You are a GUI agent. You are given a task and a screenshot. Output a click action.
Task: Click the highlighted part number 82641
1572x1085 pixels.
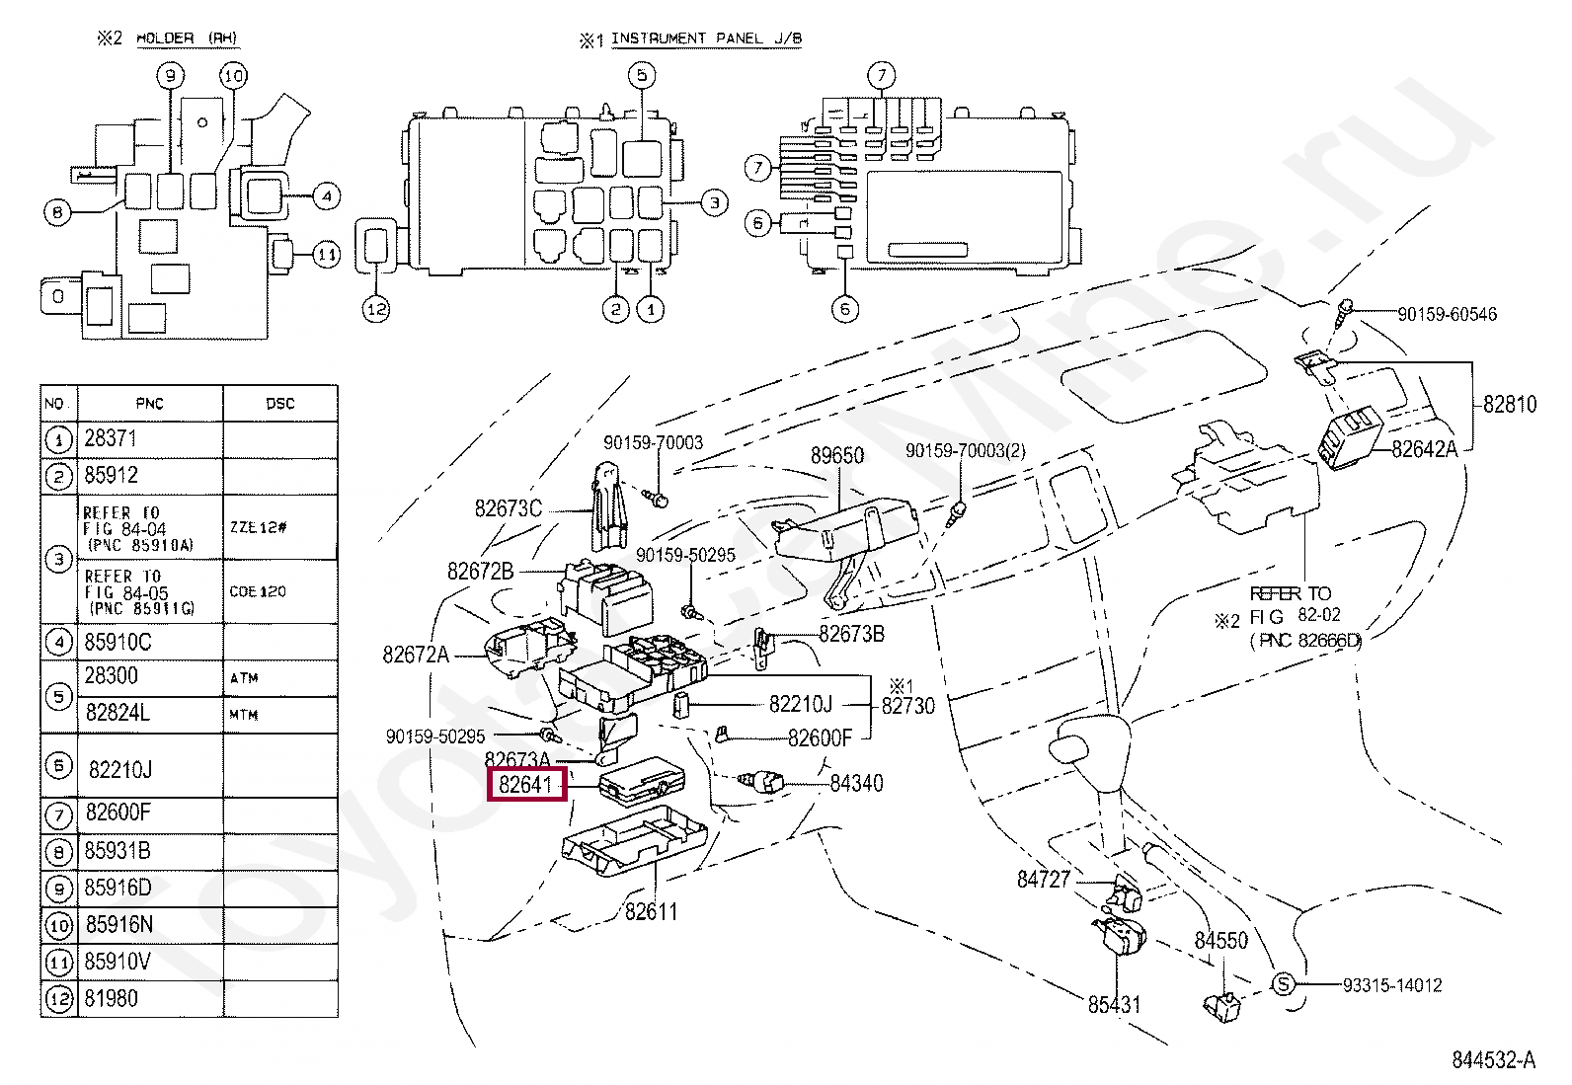[x=526, y=785]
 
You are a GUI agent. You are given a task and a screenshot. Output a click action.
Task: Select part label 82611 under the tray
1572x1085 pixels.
[x=651, y=911]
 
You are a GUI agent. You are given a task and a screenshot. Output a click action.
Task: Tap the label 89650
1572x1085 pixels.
[x=836, y=455]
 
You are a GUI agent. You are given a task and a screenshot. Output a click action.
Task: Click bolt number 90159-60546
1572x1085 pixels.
[x=1447, y=314]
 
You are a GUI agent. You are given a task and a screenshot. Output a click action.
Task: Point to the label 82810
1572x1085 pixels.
[x=1509, y=404]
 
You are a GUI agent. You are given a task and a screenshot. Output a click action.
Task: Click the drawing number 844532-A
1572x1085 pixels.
[x=1493, y=1060]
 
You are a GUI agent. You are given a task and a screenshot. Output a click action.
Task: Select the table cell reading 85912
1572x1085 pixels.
[x=112, y=475]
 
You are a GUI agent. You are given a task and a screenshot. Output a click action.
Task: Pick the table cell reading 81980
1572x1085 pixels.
[x=112, y=998]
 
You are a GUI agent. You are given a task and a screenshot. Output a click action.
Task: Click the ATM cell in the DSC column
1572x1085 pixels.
[x=244, y=678]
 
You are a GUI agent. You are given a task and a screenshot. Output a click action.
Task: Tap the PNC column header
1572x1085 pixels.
[x=149, y=403]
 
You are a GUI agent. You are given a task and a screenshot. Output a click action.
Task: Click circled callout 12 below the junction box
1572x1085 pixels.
[x=376, y=309]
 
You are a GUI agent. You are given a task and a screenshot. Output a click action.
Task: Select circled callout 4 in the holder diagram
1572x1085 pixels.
[x=327, y=195]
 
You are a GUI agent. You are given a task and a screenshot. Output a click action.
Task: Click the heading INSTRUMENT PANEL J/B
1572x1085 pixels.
[x=705, y=39]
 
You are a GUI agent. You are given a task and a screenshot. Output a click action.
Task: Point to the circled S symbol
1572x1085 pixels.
[x=1283, y=984]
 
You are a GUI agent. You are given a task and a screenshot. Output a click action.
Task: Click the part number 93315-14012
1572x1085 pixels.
[x=1391, y=985]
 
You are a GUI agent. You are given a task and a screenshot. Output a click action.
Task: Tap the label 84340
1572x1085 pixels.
[x=856, y=783]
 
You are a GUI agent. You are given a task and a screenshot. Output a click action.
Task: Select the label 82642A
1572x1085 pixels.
[x=1424, y=449]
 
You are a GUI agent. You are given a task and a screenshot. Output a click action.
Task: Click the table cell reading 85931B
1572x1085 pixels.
[x=118, y=850]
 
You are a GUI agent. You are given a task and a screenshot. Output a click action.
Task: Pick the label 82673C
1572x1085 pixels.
[x=508, y=508]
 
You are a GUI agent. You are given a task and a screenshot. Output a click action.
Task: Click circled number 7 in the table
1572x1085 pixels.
[x=59, y=814]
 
